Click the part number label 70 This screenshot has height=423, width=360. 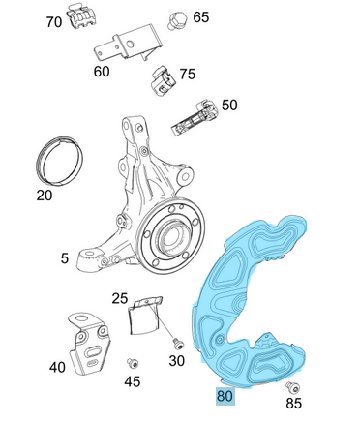click(x=54, y=22)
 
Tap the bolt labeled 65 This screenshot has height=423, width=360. click(x=177, y=20)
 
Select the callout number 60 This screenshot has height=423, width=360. click(x=102, y=72)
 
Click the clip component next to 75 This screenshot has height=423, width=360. click(x=164, y=80)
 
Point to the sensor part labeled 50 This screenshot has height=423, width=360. click(x=195, y=117)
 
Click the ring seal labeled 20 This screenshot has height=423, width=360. click(x=59, y=161)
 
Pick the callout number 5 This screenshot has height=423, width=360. click(x=65, y=258)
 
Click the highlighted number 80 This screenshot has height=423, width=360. click(x=225, y=396)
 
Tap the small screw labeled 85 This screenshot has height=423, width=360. click(x=293, y=387)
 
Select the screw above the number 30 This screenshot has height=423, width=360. click(x=177, y=344)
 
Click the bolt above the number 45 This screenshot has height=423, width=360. click(x=133, y=363)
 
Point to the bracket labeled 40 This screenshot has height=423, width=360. click(x=90, y=344)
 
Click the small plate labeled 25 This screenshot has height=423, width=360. click(x=144, y=316)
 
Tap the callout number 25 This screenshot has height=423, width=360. click(x=120, y=299)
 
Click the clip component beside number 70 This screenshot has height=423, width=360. click(x=81, y=17)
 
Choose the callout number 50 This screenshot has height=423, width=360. click(x=229, y=106)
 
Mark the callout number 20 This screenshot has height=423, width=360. click(x=45, y=196)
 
